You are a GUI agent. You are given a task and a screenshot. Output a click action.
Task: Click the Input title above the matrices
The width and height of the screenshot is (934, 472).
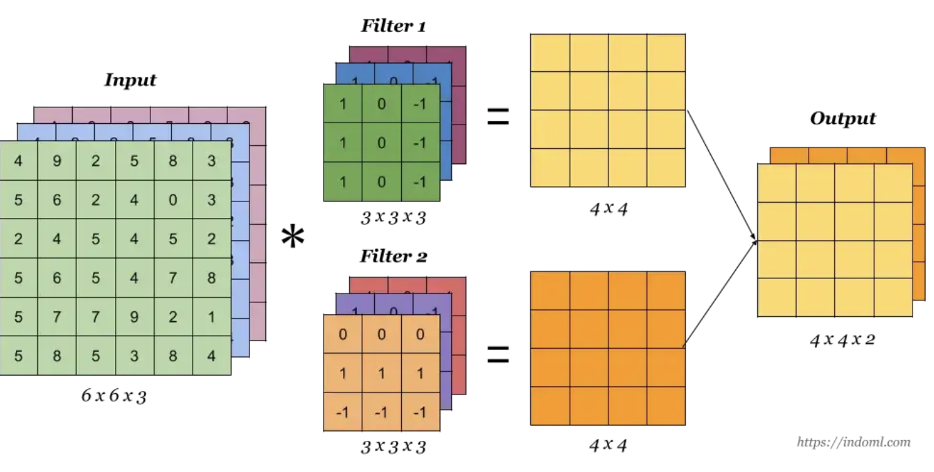130,80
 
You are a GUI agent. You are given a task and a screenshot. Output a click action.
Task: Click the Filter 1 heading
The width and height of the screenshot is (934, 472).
393,27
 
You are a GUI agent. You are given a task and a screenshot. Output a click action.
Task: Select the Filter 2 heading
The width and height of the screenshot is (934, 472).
393,257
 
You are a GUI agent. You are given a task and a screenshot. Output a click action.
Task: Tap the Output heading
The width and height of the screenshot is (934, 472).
843,118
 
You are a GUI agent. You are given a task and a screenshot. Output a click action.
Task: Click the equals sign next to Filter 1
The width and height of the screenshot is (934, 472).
497,117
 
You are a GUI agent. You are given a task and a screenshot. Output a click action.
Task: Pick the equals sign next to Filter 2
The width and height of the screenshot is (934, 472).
497,356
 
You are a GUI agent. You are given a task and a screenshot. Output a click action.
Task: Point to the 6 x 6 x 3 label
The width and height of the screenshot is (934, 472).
114,397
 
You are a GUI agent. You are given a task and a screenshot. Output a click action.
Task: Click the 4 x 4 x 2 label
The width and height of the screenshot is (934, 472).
842,340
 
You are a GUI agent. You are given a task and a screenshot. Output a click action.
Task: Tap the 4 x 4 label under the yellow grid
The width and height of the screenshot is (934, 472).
608,208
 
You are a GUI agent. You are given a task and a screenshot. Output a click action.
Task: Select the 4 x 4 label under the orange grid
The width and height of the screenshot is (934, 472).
608,445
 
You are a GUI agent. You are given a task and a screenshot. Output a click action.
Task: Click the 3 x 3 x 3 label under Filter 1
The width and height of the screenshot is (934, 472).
393,218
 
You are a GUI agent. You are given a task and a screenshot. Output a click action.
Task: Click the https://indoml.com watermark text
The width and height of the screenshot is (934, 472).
854,442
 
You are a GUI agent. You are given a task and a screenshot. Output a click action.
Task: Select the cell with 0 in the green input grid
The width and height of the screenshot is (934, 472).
173,201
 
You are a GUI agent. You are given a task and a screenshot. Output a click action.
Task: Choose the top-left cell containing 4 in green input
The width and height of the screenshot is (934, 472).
18,162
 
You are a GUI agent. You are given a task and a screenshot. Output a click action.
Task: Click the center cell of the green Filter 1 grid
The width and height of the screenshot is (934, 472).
381,143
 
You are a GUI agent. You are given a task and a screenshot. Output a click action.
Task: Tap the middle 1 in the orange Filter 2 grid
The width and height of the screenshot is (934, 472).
381,374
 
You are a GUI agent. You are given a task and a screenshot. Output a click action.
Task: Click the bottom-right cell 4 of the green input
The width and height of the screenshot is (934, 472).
211,356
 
